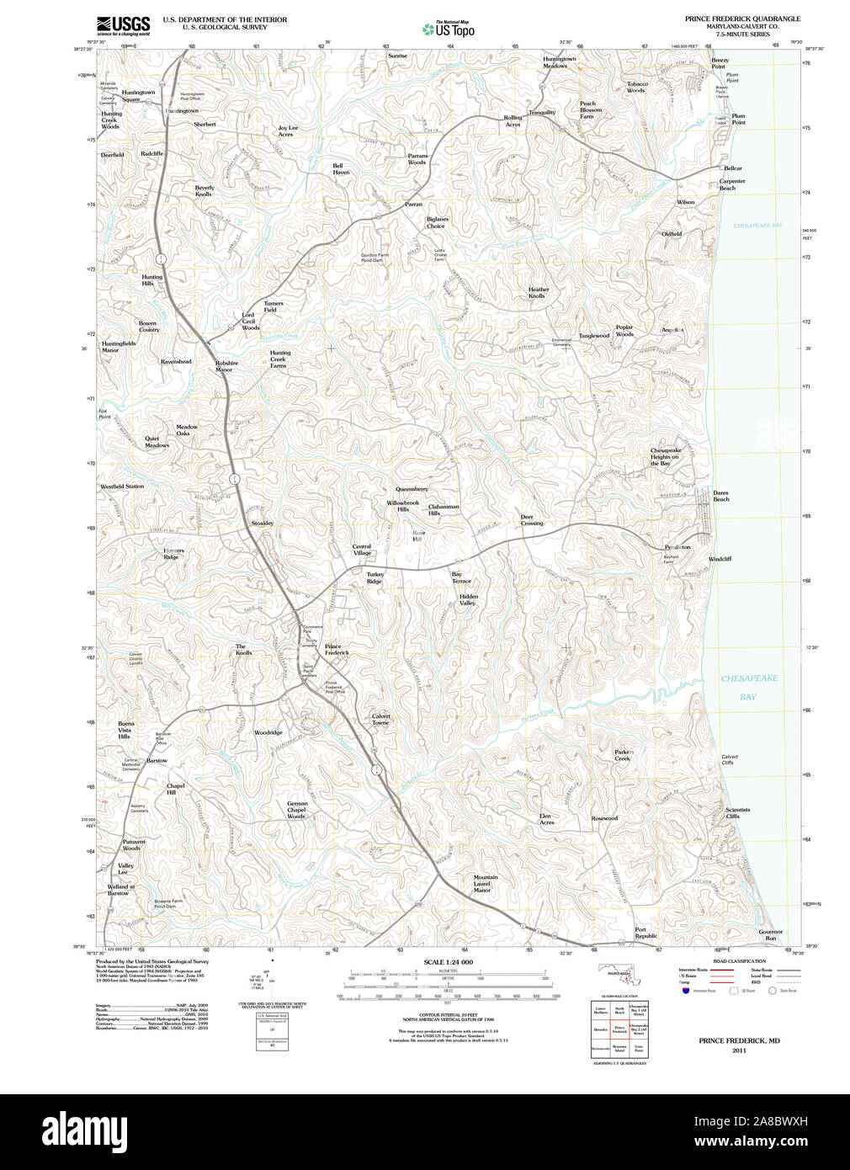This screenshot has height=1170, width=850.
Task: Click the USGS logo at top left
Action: [x=123, y=25]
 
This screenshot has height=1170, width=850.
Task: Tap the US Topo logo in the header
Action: [x=449, y=29]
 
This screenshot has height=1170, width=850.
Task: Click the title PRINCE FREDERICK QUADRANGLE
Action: [x=742, y=19]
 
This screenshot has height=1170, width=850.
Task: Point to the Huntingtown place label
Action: [x=182, y=111]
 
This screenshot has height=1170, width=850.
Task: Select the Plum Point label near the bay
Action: [x=738, y=120]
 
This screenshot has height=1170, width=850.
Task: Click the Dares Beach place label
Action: [x=721, y=496]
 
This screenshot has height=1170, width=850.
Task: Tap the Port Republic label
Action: [x=645, y=933]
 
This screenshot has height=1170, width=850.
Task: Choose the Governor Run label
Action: [x=770, y=934]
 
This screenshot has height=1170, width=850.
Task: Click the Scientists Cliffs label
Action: [x=737, y=813]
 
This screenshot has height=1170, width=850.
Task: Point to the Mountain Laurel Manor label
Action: [x=485, y=883]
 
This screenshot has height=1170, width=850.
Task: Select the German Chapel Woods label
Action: [x=296, y=810]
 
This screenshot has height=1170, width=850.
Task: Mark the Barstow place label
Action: [x=157, y=760]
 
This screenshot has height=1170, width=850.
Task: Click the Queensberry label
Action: [x=412, y=489]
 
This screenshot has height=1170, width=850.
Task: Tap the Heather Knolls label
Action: [x=538, y=293]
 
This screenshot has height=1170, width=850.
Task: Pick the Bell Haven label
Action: [x=340, y=169]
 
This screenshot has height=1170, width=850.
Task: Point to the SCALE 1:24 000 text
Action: [x=448, y=962]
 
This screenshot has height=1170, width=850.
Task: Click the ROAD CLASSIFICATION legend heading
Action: [x=739, y=961]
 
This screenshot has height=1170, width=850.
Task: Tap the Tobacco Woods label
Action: [x=637, y=87]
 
